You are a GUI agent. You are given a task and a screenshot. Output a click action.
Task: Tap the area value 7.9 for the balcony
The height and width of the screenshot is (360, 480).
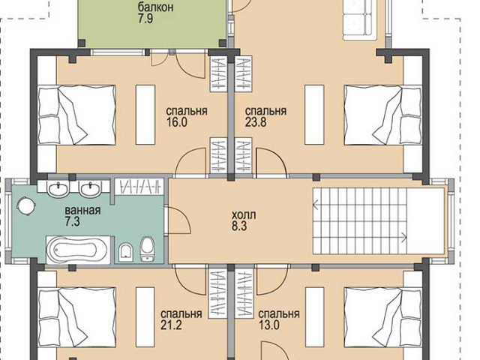[x=145, y=19]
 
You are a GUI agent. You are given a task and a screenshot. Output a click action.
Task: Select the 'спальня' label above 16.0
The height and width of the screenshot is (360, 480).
[x=187, y=111]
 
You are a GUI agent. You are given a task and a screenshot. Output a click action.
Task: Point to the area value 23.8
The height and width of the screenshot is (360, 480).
[x=256, y=122]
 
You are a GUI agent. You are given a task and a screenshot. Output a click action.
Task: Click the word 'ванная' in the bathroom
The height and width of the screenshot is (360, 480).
[x=82, y=210]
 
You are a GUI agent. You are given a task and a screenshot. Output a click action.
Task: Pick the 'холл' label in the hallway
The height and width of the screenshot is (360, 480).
[x=244, y=215]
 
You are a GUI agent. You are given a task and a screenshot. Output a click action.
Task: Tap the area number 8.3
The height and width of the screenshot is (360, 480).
[x=239, y=226]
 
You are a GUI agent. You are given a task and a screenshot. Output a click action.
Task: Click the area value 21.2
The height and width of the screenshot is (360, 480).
[x=171, y=325]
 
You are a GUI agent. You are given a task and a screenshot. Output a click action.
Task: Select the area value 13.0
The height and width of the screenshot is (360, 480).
[x=269, y=325]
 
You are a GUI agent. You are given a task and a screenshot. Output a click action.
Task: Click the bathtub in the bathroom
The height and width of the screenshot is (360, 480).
[x=78, y=250]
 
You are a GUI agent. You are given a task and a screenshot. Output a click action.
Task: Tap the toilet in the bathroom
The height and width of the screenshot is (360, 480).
[x=148, y=248]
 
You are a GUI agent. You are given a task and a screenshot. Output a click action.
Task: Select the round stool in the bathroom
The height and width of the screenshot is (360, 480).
[x=27, y=205]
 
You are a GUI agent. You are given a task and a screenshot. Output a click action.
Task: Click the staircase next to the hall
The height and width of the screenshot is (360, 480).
[x=360, y=220]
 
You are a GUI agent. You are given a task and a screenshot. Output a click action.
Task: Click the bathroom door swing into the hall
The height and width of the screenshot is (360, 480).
[x=178, y=220]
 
